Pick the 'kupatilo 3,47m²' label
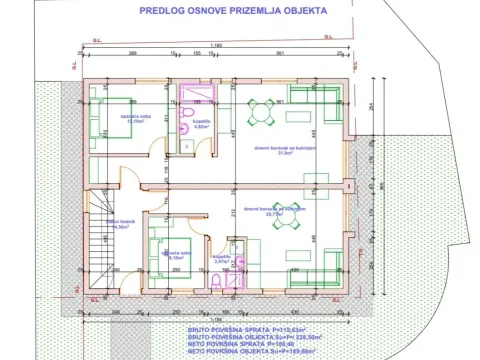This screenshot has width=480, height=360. tap(221, 258)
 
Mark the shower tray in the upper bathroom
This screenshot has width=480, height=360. tap(190, 96)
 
